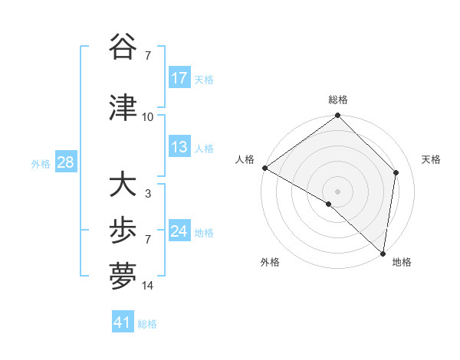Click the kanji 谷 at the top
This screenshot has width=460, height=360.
coord(123,47)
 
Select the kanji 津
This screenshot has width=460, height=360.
coord(123,109)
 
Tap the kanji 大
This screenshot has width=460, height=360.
coord(123,185)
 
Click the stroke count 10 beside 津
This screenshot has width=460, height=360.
coord(148,117)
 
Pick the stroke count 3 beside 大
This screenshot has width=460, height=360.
coord(148,194)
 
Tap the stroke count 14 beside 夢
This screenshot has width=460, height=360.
coord(148,286)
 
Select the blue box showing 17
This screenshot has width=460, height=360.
coord(179,78)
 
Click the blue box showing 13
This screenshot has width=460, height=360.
coord(179,148)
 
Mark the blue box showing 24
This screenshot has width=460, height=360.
coord(179,231)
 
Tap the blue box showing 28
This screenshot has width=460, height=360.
coord(65,162)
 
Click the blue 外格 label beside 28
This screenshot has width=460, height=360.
coord(41,163)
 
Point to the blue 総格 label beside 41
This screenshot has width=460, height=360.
coord(147,324)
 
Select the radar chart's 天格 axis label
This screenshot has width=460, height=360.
coord(432,159)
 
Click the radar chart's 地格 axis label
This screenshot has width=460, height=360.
coord(402,263)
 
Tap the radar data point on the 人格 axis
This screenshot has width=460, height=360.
coord(264,168)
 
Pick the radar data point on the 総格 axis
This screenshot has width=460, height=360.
coord(338,116)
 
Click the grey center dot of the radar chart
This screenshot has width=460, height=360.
coord(338,191)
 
